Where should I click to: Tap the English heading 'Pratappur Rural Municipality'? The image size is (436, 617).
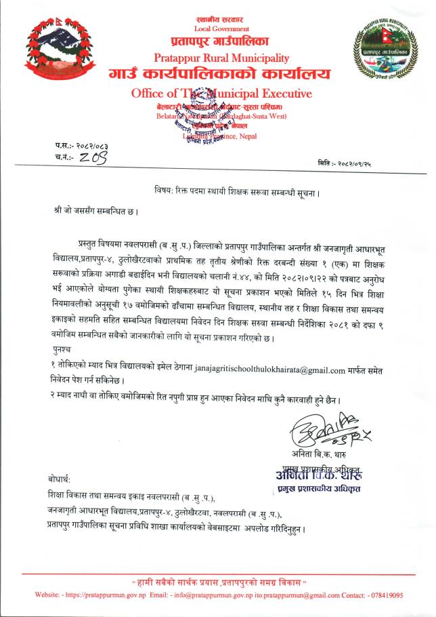pos(221,58)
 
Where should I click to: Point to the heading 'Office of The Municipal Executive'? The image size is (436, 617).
pos(221,93)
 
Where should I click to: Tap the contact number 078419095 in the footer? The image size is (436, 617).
pos(386,595)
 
